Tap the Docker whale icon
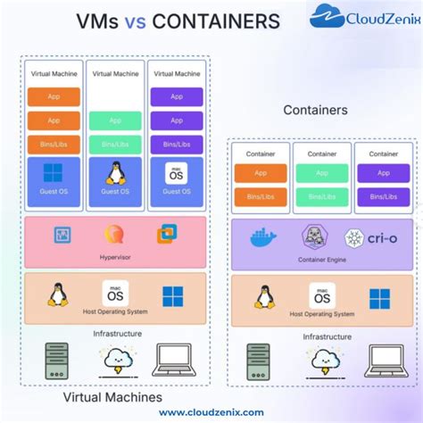261,239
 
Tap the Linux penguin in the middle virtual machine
115,172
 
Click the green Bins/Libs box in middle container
322,197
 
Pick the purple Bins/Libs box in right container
383,197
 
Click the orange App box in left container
261,174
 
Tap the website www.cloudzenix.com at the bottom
211,411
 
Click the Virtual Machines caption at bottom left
112,396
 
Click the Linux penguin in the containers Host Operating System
264,296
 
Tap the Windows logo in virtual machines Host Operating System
173,296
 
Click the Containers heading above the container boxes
315,110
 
